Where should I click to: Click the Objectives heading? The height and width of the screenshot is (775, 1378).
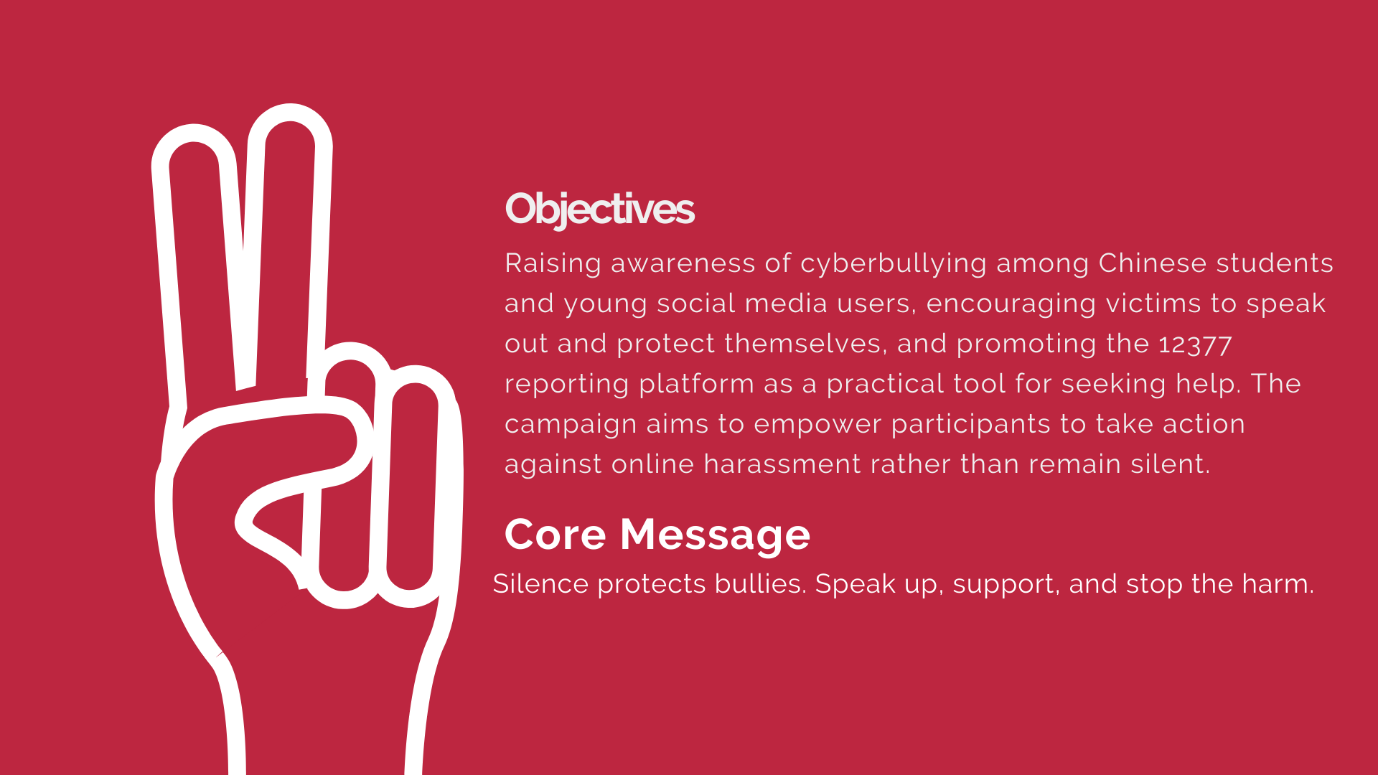(599, 209)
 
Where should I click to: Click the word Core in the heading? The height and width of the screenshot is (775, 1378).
(556, 535)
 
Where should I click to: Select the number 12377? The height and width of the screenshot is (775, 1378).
(1195, 344)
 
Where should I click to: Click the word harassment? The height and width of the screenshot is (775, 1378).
(782, 464)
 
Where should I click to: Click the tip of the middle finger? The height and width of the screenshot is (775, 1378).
(290, 113)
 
